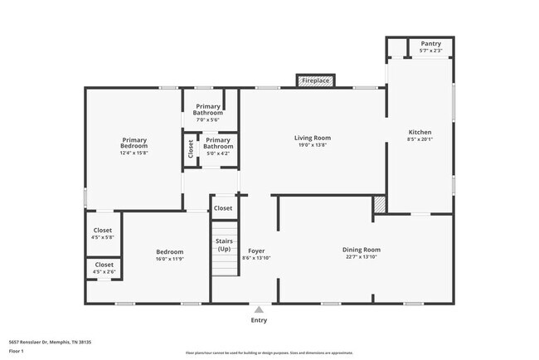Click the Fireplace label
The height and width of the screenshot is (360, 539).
(x=314, y=80)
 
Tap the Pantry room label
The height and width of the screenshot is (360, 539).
(x=430, y=44)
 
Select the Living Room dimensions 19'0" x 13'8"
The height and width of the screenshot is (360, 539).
(x=313, y=145)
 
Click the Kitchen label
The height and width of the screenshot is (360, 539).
(x=420, y=132)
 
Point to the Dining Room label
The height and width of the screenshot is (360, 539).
(x=361, y=250)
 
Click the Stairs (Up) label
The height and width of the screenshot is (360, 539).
(x=224, y=245)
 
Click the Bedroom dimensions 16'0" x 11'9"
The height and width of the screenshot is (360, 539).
(x=169, y=259)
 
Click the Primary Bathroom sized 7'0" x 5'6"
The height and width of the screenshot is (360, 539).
(x=209, y=109)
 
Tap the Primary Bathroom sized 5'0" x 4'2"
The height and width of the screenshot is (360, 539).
(x=217, y=144)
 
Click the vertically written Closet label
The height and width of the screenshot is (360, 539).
(x=191, y=149)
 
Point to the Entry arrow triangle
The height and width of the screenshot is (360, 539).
(x=259, y=309)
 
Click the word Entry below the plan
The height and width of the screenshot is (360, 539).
(x=259, y=319)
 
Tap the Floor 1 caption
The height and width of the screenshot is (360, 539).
(x=17, y=351)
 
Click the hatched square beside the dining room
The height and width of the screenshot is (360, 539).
(x=379, y=203)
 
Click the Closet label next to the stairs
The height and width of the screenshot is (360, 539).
(x=223, y=207)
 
